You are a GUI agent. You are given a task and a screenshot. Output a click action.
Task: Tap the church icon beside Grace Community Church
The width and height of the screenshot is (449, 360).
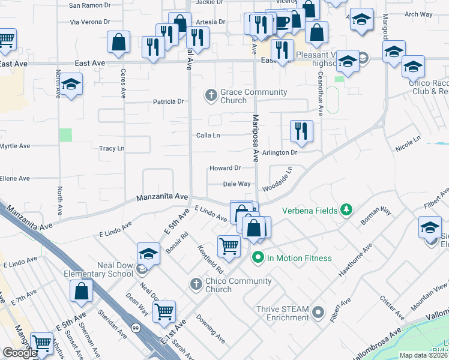(x=211, y=94)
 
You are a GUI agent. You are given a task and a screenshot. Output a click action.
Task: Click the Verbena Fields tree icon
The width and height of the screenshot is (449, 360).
(x=346, y=209)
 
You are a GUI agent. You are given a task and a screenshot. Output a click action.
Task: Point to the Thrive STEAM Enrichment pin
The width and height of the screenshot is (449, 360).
(x=319, y=313)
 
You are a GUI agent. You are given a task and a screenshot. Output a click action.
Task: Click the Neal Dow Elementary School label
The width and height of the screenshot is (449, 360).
(x=98, y=269)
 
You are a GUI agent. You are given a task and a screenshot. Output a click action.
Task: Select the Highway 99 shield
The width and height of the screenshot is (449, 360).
(x=136, y=328)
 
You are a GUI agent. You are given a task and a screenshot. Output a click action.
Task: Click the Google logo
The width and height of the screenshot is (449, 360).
(x=19, y=353)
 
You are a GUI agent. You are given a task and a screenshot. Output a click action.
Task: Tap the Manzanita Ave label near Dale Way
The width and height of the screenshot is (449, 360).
(x=163, y=196)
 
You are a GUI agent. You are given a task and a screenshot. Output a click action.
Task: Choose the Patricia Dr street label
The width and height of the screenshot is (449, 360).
(x=168, y=102)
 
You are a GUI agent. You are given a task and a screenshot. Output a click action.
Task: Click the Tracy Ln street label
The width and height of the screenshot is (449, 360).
(x=111, y=148)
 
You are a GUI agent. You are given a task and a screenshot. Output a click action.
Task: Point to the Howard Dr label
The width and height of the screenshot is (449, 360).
(x=225, y=168)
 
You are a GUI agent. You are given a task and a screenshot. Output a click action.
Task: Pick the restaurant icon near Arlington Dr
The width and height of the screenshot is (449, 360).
(x=301, y=131)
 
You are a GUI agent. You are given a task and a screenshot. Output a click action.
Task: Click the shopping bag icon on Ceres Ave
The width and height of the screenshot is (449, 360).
(x=119, y=42)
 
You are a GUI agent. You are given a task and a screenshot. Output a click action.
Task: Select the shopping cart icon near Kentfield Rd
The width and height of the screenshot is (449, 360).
(x=229, y=245)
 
